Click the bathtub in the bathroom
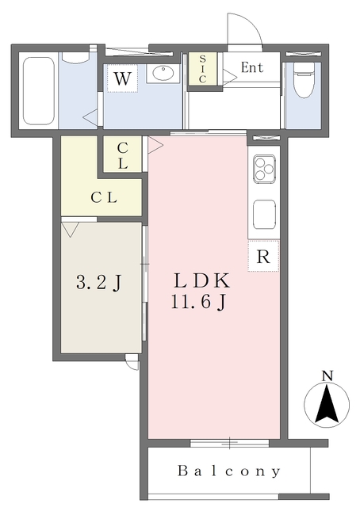coord(39,91)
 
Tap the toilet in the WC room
coord(304,80)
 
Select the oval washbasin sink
coord(163,74)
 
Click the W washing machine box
coord(122,78)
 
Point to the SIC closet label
coord(202,69)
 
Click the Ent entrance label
coord(252,67)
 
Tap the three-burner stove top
coord(265,169)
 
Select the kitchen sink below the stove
coord(265,215)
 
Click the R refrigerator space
coord(263,256)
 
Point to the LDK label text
coord(202,281)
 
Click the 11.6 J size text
coord(198,303)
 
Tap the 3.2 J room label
coord(99,283)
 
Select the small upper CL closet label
coord(122,156)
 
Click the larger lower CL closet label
coord(104,197)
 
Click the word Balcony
coord(228,471)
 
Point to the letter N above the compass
coord(327,375)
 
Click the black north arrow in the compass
coord(327,404)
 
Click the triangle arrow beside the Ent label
coord(230,78)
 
